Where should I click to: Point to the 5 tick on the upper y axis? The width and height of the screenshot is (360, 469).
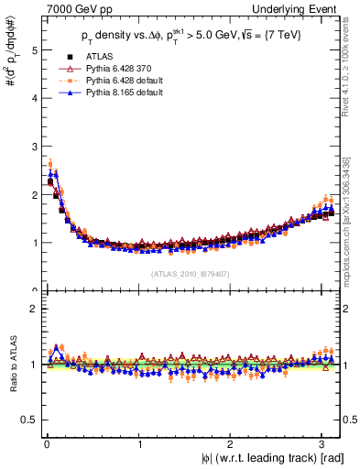[x=32, y=50]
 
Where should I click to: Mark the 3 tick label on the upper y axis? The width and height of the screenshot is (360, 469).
[x=32, y=147]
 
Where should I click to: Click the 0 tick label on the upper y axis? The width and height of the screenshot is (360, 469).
[x=32, y=290]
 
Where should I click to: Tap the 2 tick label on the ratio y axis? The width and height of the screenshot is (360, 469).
[x=32, y=309]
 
